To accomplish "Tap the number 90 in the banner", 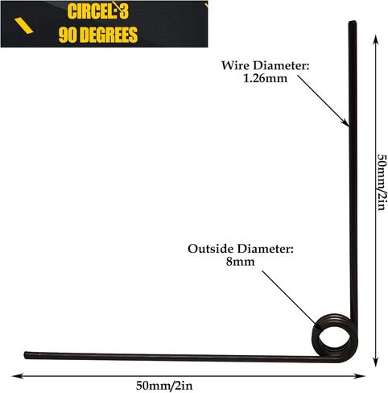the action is point(68,35).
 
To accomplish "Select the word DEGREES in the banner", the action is point(109,35).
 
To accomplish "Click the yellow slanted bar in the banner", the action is point(23,26).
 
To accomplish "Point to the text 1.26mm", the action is point(265,79).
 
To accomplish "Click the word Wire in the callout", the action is point(235,65).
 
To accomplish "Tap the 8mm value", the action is point(240,262).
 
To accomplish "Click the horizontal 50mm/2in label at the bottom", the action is point(164,386).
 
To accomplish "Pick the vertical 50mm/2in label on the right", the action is point(382,182).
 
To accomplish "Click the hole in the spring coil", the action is point(333,336).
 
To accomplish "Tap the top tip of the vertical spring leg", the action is point(353,22).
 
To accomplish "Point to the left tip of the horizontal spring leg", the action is point(26,355).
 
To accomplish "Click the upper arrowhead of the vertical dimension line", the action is point(376,39).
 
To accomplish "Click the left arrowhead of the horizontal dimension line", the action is point(16,376).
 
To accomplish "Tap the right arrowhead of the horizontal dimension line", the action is point(361,376).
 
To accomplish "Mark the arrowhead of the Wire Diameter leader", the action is point(346,123).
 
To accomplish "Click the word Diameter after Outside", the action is point(265,249).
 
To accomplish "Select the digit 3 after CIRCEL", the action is point(124,12).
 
